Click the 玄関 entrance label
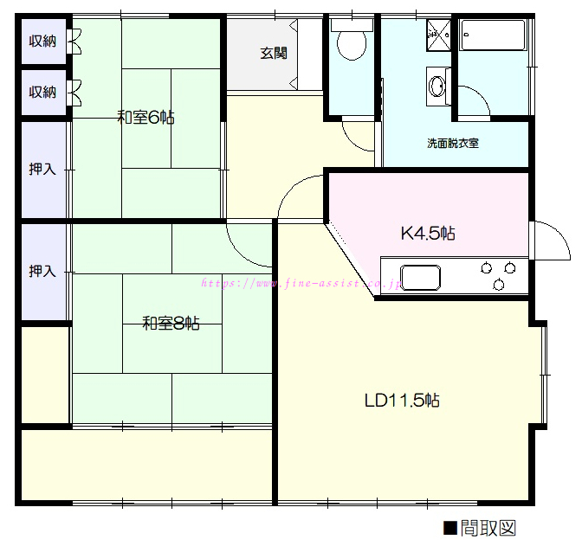tap(274, 54)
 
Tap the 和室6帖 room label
tap(145, 117)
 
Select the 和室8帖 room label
tap(171, 324)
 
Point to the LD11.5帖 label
tap(402, 401)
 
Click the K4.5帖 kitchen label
tap(428, 234)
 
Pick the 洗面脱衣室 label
tap(453, 143)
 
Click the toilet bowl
tap(352, 44)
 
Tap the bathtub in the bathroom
tap(493, 35)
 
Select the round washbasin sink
tap(436, 86)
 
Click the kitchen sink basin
tap(421, 278)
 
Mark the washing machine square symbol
tap(438, 35)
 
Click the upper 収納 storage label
tap(42, 41)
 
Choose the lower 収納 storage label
tap(42, 92)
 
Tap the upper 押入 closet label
tap(42, 170)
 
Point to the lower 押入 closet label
tap(42, 272)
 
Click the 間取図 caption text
tap(488, 528)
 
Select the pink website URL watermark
tap(301, 284)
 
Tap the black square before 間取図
tap(450, 528)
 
